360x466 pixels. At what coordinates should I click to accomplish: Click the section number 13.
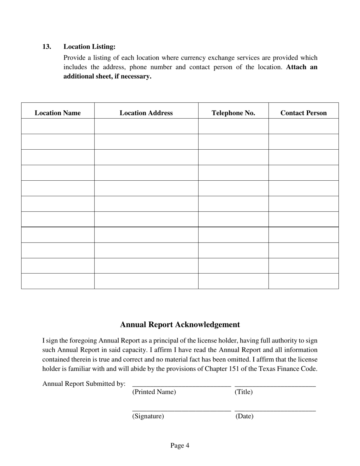47,47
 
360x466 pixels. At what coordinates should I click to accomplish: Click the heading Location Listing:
89,47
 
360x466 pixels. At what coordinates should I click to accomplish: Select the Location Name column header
58,113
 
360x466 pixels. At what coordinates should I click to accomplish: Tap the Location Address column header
146,113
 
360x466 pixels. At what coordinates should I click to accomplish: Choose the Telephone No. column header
233,113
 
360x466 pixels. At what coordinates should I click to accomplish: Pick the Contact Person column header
303,113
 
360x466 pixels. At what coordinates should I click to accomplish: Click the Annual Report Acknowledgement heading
180,325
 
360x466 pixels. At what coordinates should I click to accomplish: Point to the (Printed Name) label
154,392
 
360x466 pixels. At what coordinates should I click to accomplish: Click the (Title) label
244,392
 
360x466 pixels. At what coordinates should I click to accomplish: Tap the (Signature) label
148,416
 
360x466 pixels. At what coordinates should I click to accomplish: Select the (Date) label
244,416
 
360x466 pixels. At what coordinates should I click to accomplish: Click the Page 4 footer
180,446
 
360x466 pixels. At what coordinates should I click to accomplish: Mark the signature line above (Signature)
181,410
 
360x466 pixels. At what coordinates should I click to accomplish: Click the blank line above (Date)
275,410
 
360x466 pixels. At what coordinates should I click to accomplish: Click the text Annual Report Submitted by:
84,384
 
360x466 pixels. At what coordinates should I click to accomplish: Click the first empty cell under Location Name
58,126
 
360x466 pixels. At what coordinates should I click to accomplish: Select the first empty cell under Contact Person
303,126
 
